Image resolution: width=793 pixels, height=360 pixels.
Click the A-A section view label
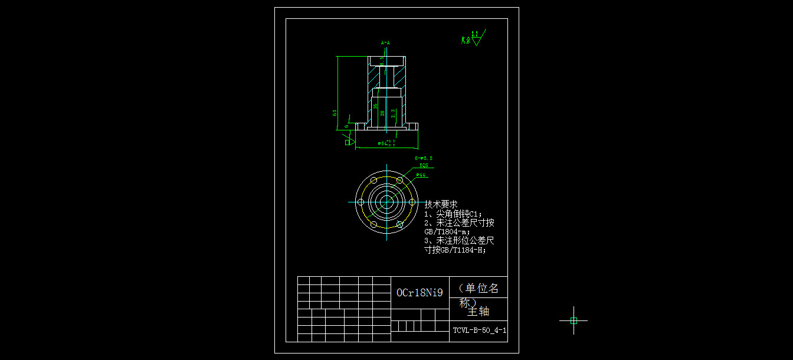[x=385, y=43]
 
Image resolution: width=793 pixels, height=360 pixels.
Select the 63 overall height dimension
[x=335, y=112]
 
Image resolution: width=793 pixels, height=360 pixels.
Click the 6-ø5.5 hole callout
[x=423, y=158]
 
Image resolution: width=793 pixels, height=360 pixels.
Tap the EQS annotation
[x=424, y=166]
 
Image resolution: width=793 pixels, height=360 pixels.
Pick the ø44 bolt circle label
[x=421, y=175]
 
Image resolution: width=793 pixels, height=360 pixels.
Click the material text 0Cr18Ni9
[x=419, y=293]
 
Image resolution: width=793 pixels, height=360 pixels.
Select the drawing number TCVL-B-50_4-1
[x=479, y=330]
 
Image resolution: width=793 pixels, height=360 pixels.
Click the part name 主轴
[x=478, y=311]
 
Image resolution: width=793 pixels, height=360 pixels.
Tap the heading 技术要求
[x=441, y=204]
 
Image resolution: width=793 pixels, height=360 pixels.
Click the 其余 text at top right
[x=466, y=41]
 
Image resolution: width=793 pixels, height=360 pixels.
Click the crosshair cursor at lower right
[x=574, y=320]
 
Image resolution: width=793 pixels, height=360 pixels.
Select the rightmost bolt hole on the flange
[x=412, y=202]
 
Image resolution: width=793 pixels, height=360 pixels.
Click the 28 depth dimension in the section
[x=382, y=112]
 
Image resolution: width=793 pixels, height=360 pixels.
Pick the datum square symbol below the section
[x=347, y=142]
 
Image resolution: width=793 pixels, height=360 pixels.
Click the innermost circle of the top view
[x=386, y=202]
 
